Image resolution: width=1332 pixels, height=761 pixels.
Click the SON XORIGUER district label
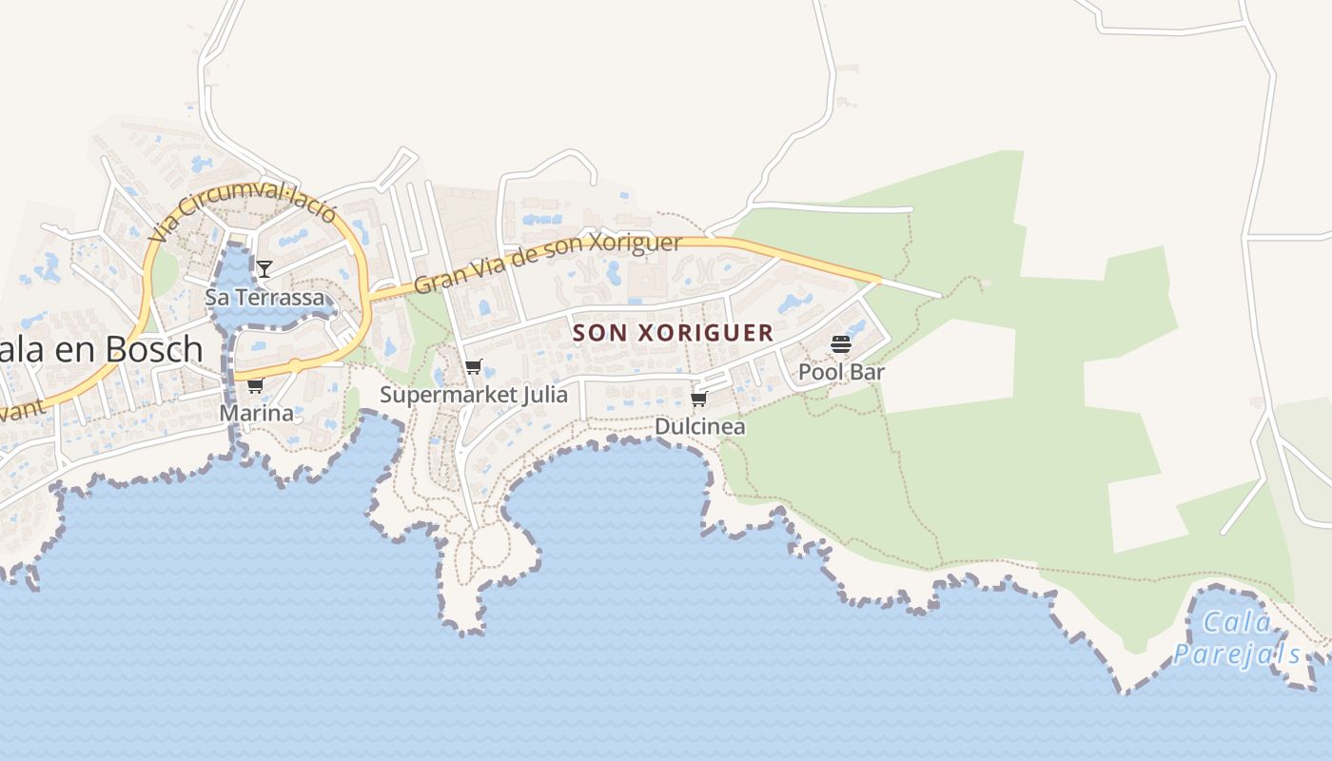pos(673,333)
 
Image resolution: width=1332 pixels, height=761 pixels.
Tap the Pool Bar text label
pos(841,372)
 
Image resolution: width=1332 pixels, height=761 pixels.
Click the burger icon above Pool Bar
pos(841,343)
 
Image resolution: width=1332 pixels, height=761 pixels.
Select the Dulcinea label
pos(700,427)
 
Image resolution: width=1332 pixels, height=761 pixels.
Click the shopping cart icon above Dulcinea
pos(699,399)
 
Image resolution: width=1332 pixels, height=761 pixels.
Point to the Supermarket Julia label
pos(474,395)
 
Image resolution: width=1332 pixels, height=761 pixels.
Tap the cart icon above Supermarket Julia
pos(473,367)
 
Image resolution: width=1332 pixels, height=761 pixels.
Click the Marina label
pos(256,414)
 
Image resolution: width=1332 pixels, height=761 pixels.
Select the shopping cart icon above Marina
pos(255,385)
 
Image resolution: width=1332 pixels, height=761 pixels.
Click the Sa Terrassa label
pos(264,298)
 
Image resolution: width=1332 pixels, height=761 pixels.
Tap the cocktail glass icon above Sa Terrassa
pos(264,269)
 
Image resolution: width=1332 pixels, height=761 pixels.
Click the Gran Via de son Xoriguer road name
pos(548,263)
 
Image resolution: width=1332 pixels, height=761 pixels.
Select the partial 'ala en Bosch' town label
pos(101,350)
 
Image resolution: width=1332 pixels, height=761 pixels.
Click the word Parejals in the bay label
pos(1237,654)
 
